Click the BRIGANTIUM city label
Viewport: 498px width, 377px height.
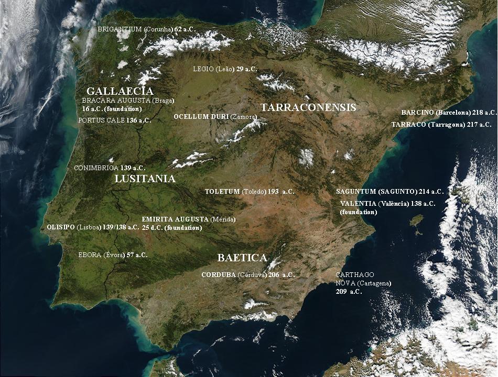pos(146,30)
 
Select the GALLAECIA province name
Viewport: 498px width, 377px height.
pos(120,91)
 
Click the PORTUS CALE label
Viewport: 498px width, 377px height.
pos(114,120)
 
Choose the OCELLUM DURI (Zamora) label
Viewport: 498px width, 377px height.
pos(215,117)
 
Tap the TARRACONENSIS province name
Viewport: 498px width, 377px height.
pos(308,108)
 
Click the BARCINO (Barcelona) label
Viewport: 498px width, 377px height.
pos(449,113)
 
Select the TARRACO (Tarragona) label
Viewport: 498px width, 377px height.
pos(441,125)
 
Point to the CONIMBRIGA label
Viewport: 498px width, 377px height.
pos(110,168)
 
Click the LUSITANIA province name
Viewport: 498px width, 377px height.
pos(145,179)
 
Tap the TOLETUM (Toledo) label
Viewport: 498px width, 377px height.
pos(250,192)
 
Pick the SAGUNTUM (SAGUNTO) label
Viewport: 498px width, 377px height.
pos(389,192)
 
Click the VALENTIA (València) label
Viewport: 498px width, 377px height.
pos(387,207)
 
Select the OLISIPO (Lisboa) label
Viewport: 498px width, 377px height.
pos(93,227)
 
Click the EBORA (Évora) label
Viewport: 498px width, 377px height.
pos(113,255)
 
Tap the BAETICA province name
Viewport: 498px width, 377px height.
pos(242,258)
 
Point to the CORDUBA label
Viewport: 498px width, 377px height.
pos(248,275)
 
